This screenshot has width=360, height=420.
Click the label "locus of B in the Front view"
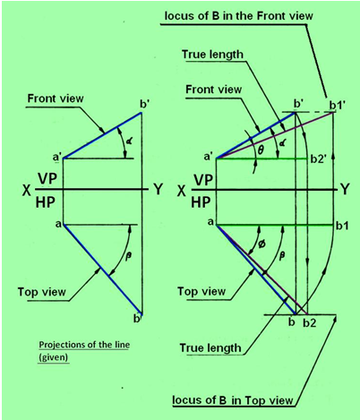[x=238, y=15]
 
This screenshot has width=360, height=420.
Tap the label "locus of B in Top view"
[x=233, y=399]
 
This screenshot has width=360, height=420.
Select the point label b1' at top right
[x=337, y=106]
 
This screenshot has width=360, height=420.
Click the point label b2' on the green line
[x=319, y=159]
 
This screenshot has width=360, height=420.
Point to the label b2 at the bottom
[x=310, y=322]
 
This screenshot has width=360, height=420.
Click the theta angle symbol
[x=261, y=150]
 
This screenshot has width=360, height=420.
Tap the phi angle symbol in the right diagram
[x=262, y=244]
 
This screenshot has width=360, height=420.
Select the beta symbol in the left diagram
[x=129, y=256]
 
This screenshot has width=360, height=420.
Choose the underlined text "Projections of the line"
[x=84, y=345]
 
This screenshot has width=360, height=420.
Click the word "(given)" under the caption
[x=54, y=357]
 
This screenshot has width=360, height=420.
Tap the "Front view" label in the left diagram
[x=56, y=99]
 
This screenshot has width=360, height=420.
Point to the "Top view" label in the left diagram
[x=42, y=291]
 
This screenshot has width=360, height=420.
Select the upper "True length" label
[x=212, y=55]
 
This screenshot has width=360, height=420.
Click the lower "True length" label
[x=210, y=347]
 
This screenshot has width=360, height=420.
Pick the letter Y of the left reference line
[x=158, y=189]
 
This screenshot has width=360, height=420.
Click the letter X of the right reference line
[x=182, y=191]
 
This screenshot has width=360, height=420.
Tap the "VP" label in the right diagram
[x=203, y=180]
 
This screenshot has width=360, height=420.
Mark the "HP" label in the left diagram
[x=46, y=202]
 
